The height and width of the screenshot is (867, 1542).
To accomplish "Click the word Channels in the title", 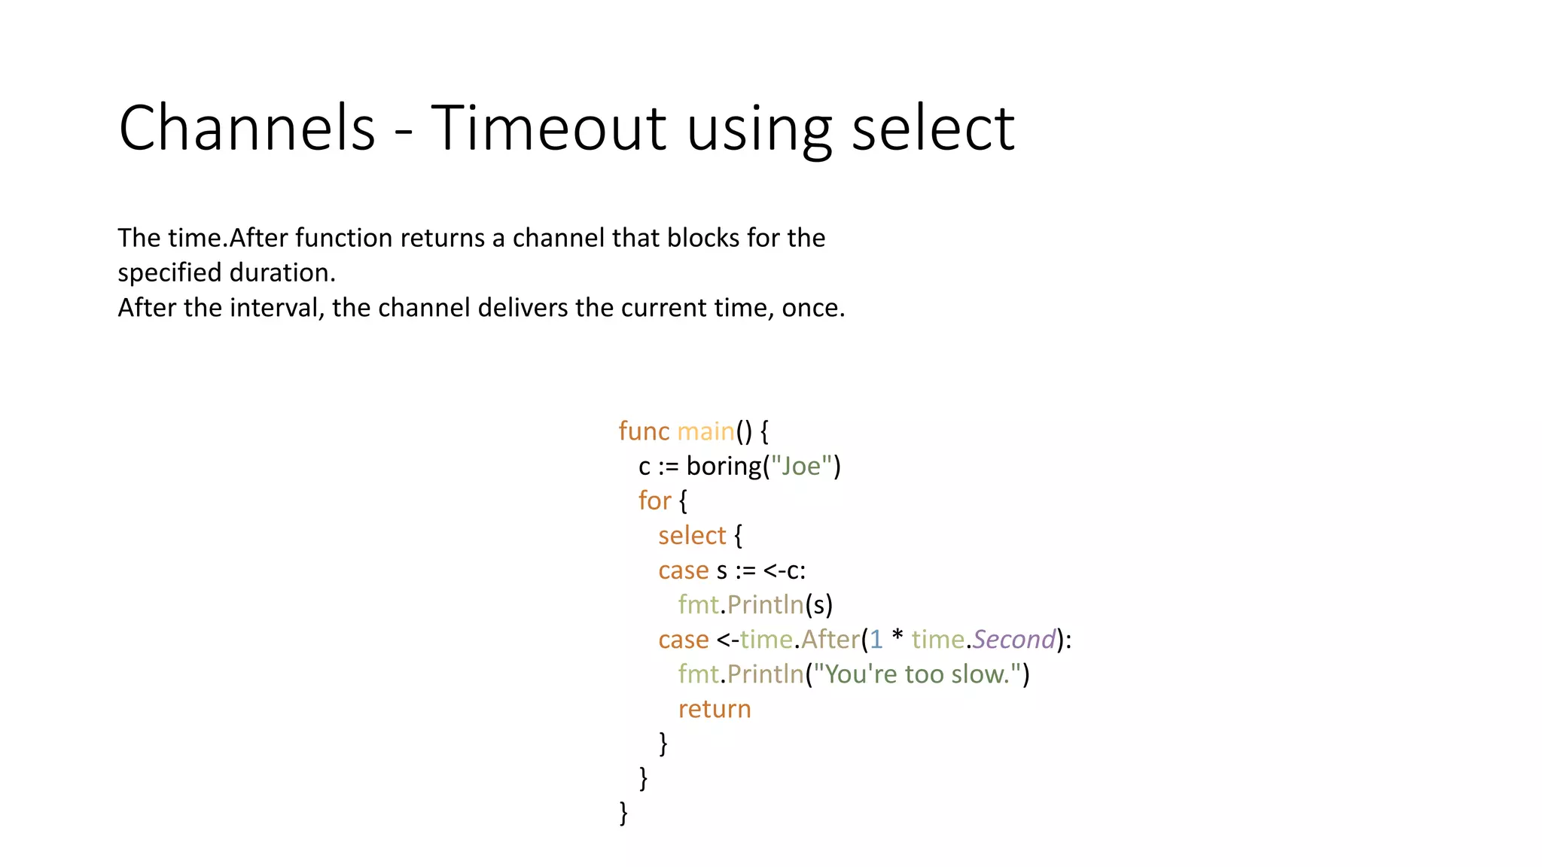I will point(247,128).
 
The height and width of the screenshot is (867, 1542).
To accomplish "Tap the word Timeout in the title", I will point(549,128).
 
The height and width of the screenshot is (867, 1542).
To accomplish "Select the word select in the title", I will point(933,128).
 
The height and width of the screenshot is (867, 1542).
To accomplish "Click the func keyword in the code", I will point(644,431).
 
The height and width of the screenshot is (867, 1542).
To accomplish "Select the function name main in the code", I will point(705,431).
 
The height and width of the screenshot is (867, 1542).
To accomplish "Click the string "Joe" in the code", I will point(801,467).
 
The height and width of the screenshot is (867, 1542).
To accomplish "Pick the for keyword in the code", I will point(654,500).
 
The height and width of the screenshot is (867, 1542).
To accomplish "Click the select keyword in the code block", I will point(692,536).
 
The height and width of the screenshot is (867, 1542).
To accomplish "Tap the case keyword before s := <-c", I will point(683,570).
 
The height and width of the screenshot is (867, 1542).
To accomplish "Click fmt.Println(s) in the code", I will point(755,605).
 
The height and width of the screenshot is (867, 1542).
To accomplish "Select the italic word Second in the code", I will point(1014,640).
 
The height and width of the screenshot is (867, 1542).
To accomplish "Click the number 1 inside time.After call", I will point(876,640).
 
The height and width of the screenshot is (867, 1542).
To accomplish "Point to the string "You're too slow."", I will point(916,674).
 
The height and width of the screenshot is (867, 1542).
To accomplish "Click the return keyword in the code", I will point(715,709).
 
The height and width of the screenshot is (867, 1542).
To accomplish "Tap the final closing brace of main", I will point(623,813).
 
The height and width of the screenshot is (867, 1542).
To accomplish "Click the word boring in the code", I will point(724,467).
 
